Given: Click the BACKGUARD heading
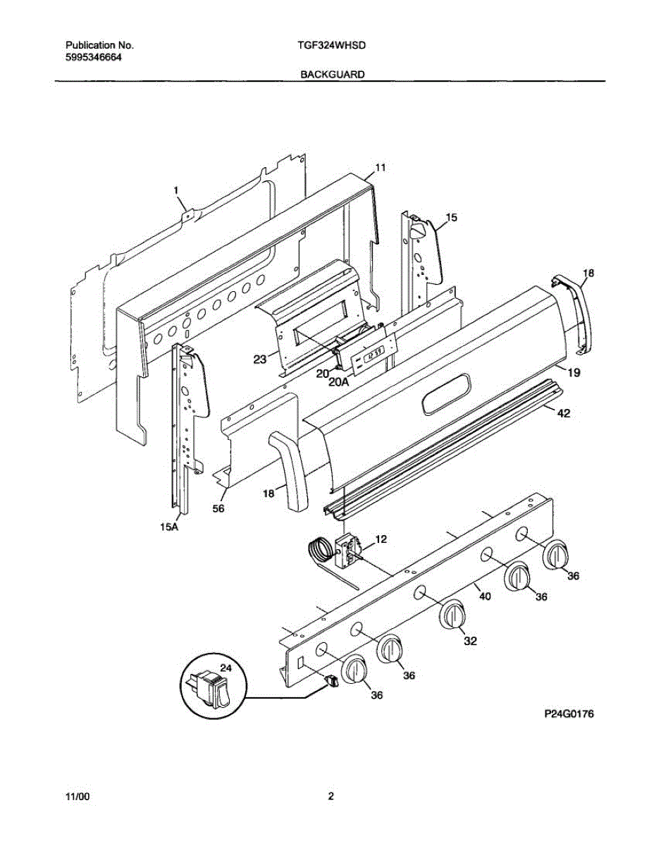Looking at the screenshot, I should [333, 74].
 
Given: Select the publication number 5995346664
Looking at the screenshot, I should [89, 57].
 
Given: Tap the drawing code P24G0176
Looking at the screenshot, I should [569, 714].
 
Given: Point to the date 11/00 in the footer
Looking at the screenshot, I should [78, 797].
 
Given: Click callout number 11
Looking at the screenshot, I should [380, 168].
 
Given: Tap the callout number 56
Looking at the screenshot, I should [218, 509].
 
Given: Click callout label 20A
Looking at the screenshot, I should [339, 382].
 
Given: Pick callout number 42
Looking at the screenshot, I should [563, 415].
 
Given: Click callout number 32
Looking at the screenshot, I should [469, 641].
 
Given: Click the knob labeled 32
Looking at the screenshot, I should [452, 615].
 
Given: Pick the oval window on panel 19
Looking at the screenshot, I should [445, 393].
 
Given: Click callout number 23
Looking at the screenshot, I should [260, 359].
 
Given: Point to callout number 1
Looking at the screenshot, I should [176, 190].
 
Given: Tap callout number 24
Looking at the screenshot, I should [226, 666].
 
